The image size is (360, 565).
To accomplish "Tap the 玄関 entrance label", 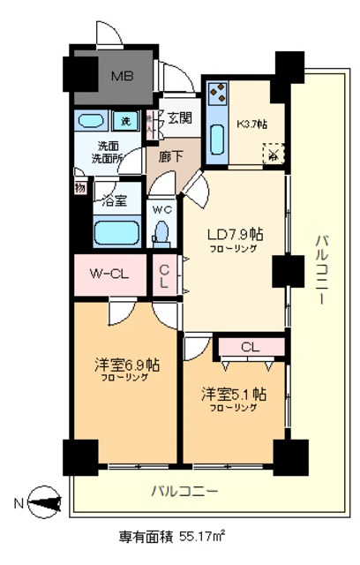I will tap(179, 117).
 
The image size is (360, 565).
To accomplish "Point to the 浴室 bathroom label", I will tap(115, 201).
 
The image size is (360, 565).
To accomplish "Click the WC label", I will tap(161, 210).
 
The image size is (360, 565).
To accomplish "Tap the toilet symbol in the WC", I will tap(161, 231).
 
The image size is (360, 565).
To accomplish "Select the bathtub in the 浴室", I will tap(117, 234).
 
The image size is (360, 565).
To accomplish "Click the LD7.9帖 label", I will tap(233, 236).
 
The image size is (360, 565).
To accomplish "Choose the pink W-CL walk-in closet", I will tap(112, 273).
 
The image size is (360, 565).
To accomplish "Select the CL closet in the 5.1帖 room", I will tap(250, 346).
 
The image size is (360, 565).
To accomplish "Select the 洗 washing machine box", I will tap(125, 120).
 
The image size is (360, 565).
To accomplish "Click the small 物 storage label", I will tap(80, 187).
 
